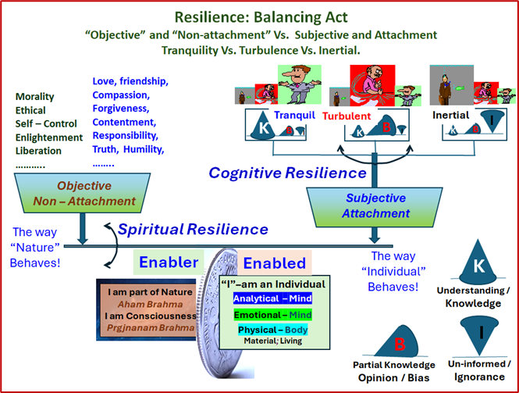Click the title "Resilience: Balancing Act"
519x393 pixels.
[x=259, y=16]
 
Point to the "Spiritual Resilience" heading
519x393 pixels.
[x=193, y=230]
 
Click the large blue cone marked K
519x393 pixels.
[x=478, y=266]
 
